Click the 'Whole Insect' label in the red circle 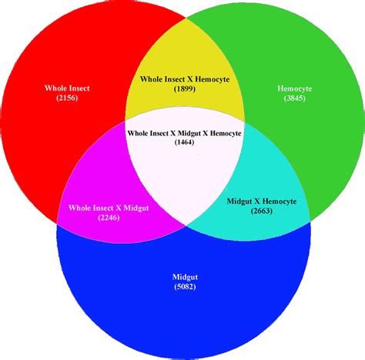pos(67,88)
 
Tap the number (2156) pos(67,98)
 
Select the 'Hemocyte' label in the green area pos(295,88)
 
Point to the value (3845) pos(295,98)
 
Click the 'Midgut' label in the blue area pos(185,277)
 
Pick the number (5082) pos(185,286)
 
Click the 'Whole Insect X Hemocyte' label pos(185,79)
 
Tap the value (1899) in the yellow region pos(185,88)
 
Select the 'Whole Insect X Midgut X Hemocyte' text pos(185,133)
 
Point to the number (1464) pos(184,142)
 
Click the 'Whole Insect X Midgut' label pos(109,208)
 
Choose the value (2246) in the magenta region pos(109,218)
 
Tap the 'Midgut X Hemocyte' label pos(262,202)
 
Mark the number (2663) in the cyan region pos(262,211)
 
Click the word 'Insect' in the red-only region pos(77,88)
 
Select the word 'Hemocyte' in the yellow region pos(213,79)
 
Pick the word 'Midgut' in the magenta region pos(136,208)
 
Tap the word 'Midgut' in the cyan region pos(239,202)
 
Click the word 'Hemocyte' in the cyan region pos(280,202)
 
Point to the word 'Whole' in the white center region pos(138,133)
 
